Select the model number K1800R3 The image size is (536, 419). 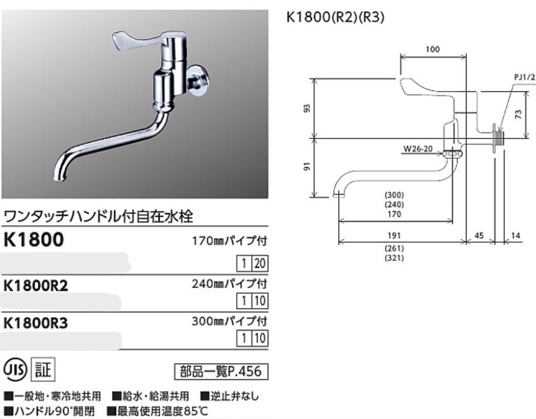[x=36, y=323]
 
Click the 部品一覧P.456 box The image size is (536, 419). [x=221, y=372]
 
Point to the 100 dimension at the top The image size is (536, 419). [x=432, y=50]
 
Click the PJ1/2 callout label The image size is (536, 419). [x=524, y=78]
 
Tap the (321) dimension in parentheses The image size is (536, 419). [x=394, y=258]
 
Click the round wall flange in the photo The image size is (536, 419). [x=197, y=80]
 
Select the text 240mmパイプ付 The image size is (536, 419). [x=229, y=284]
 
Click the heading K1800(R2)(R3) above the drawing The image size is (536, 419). [x=335, y=17]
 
